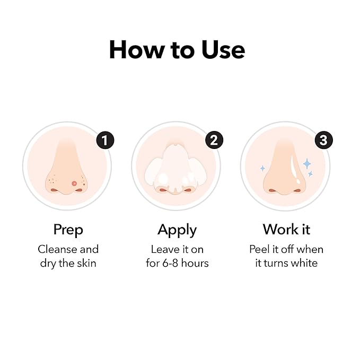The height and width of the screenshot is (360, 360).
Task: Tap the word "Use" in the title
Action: [223, 50]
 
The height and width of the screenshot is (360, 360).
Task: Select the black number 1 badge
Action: [105, 140]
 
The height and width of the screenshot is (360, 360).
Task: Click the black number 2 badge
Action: [214, 140]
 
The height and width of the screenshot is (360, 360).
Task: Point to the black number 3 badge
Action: [323, 140]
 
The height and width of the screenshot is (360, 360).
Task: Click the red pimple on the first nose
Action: [74, 183]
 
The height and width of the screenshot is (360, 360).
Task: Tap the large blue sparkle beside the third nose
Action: [307, 164]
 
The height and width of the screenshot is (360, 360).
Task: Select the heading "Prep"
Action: [68, 230]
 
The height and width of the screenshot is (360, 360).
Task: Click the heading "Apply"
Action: [177, 230]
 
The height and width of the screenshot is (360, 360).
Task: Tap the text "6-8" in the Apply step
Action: [170, 264]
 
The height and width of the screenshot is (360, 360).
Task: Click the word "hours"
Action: [195, 263]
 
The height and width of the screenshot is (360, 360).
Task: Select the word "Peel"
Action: [260, 249]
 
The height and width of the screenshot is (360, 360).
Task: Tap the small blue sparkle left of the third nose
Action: [262, 169]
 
